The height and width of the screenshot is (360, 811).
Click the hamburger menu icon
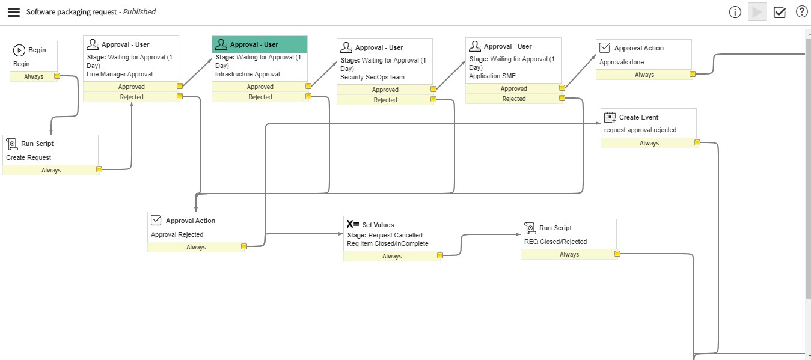(x=13, y=12)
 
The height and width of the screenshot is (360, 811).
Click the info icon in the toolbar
(x=735, y=12)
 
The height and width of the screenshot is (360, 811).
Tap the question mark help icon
(x=801, y=11)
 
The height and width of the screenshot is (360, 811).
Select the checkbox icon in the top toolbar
(x=780, y=12)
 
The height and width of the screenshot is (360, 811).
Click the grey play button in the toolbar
(x=757, y=12)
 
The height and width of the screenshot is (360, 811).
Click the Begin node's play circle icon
(x=19, y=50)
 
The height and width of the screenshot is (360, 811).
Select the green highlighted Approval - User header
(x=259, y=44)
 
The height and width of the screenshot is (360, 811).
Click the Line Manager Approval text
(x=120, y=74)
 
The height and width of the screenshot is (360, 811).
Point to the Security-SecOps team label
(x=372, y=77)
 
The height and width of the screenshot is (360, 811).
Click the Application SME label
(x=492, y=76)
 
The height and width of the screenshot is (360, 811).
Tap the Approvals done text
(x=622, y=62)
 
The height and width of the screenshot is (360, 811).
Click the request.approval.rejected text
(x=640, y=130)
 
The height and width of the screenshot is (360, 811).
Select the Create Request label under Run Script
(x=28, y=157)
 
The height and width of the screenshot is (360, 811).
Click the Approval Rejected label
(x=177, y=234)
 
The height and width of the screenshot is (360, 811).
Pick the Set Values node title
(x=378, y=225)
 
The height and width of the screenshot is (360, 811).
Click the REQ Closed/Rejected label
(x=555, y=242)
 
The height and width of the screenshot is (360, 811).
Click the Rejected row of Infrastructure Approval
(x=260, y=97)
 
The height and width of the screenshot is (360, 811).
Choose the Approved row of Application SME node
(x=513, y=88)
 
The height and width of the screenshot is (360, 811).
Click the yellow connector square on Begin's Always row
(x=57, y=76)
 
